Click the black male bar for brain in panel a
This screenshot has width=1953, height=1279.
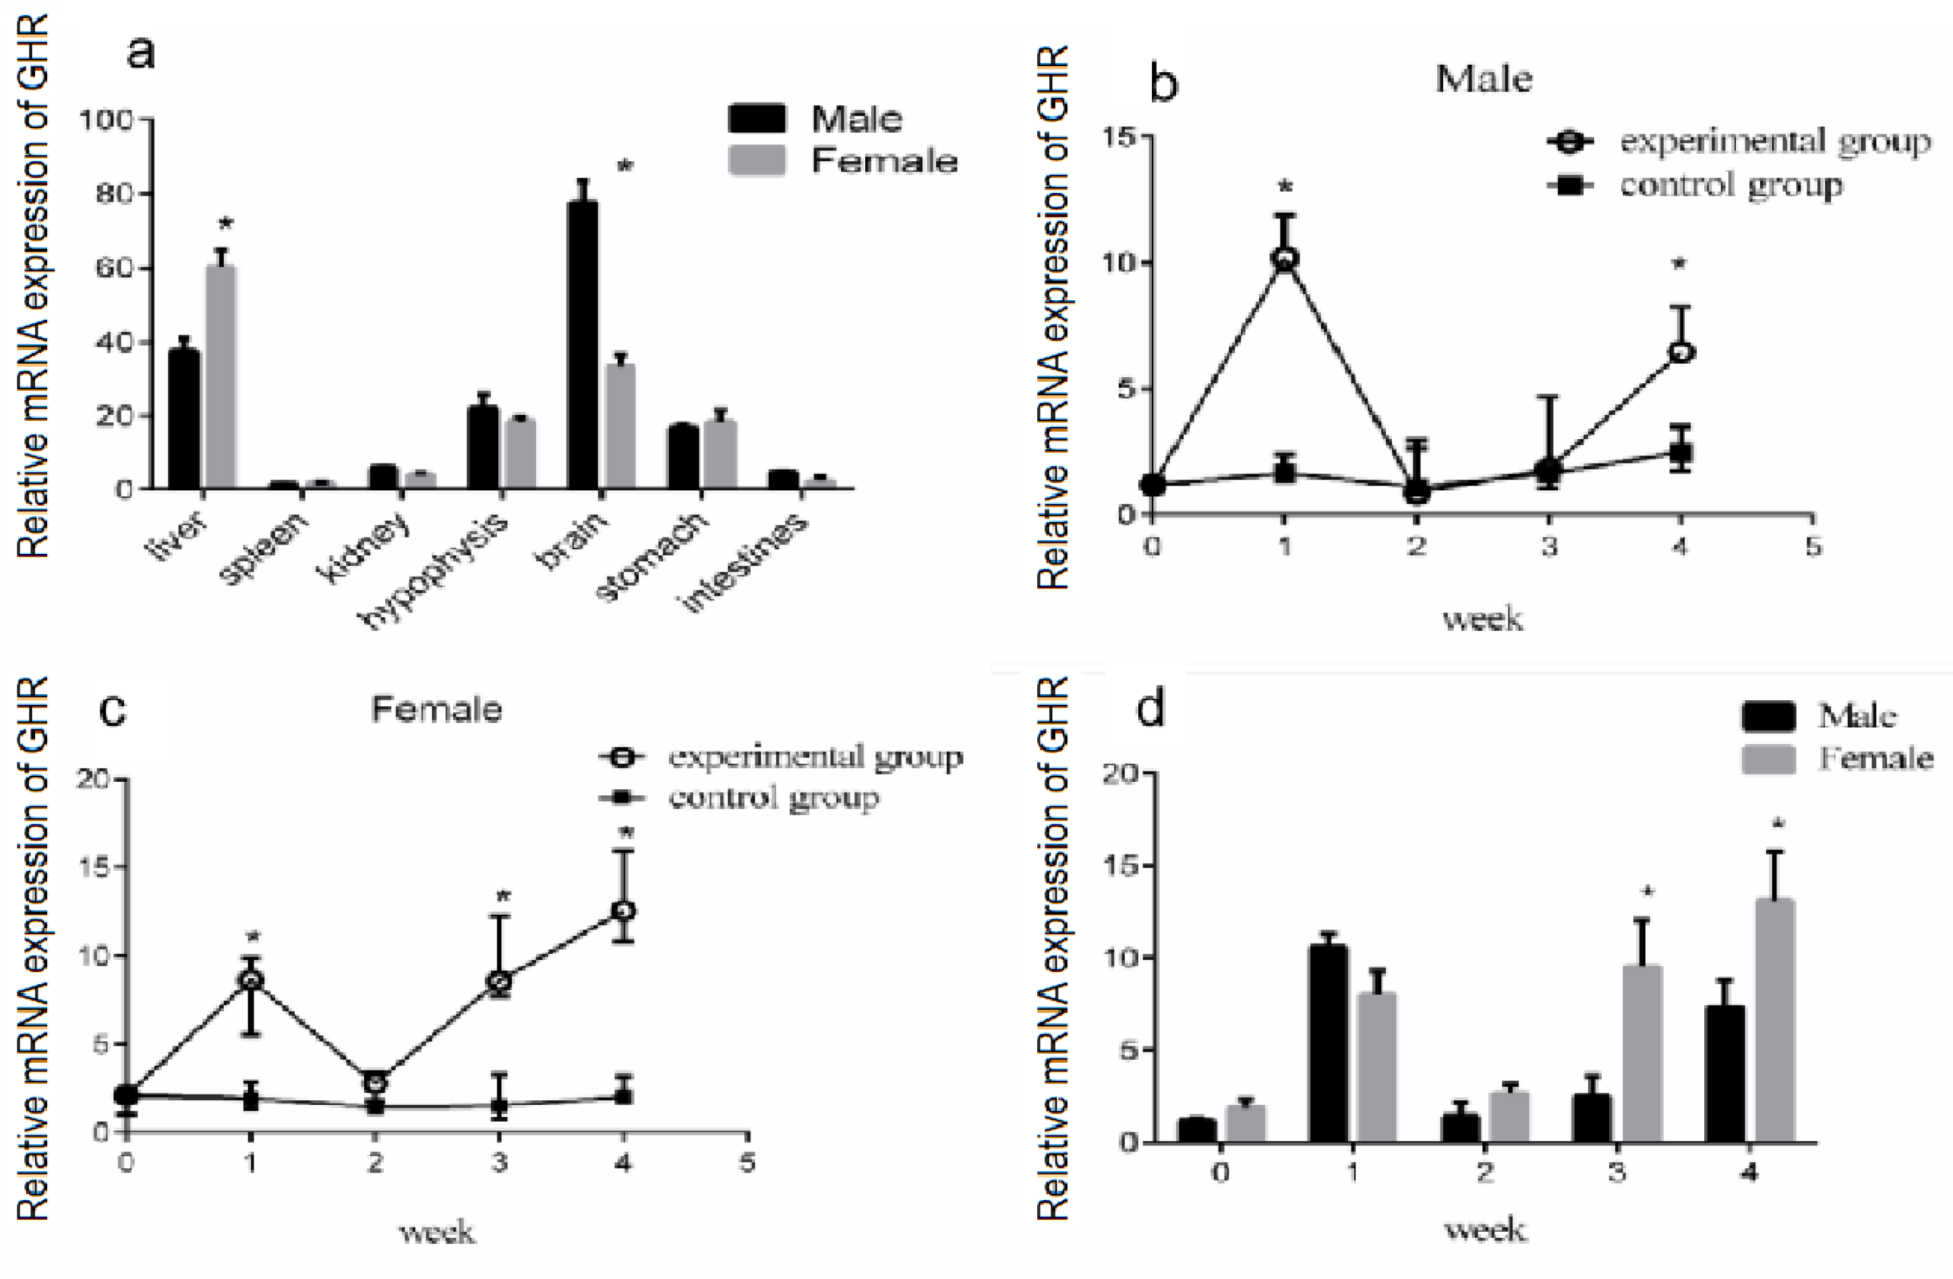point(582,345)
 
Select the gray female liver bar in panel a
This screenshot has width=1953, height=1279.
point(221,378)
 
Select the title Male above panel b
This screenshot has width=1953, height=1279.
point(1483,79)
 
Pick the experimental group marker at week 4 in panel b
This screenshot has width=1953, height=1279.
point(1680,353)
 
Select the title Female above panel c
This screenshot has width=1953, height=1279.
point(436,709)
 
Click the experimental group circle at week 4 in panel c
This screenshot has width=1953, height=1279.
point(624,911)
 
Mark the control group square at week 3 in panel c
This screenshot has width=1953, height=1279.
point(498,1105)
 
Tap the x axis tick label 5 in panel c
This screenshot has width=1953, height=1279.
point(747,1162)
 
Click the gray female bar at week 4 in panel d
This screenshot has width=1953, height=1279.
point(1774,1021)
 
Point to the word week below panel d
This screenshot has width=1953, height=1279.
point(1484,1230)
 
